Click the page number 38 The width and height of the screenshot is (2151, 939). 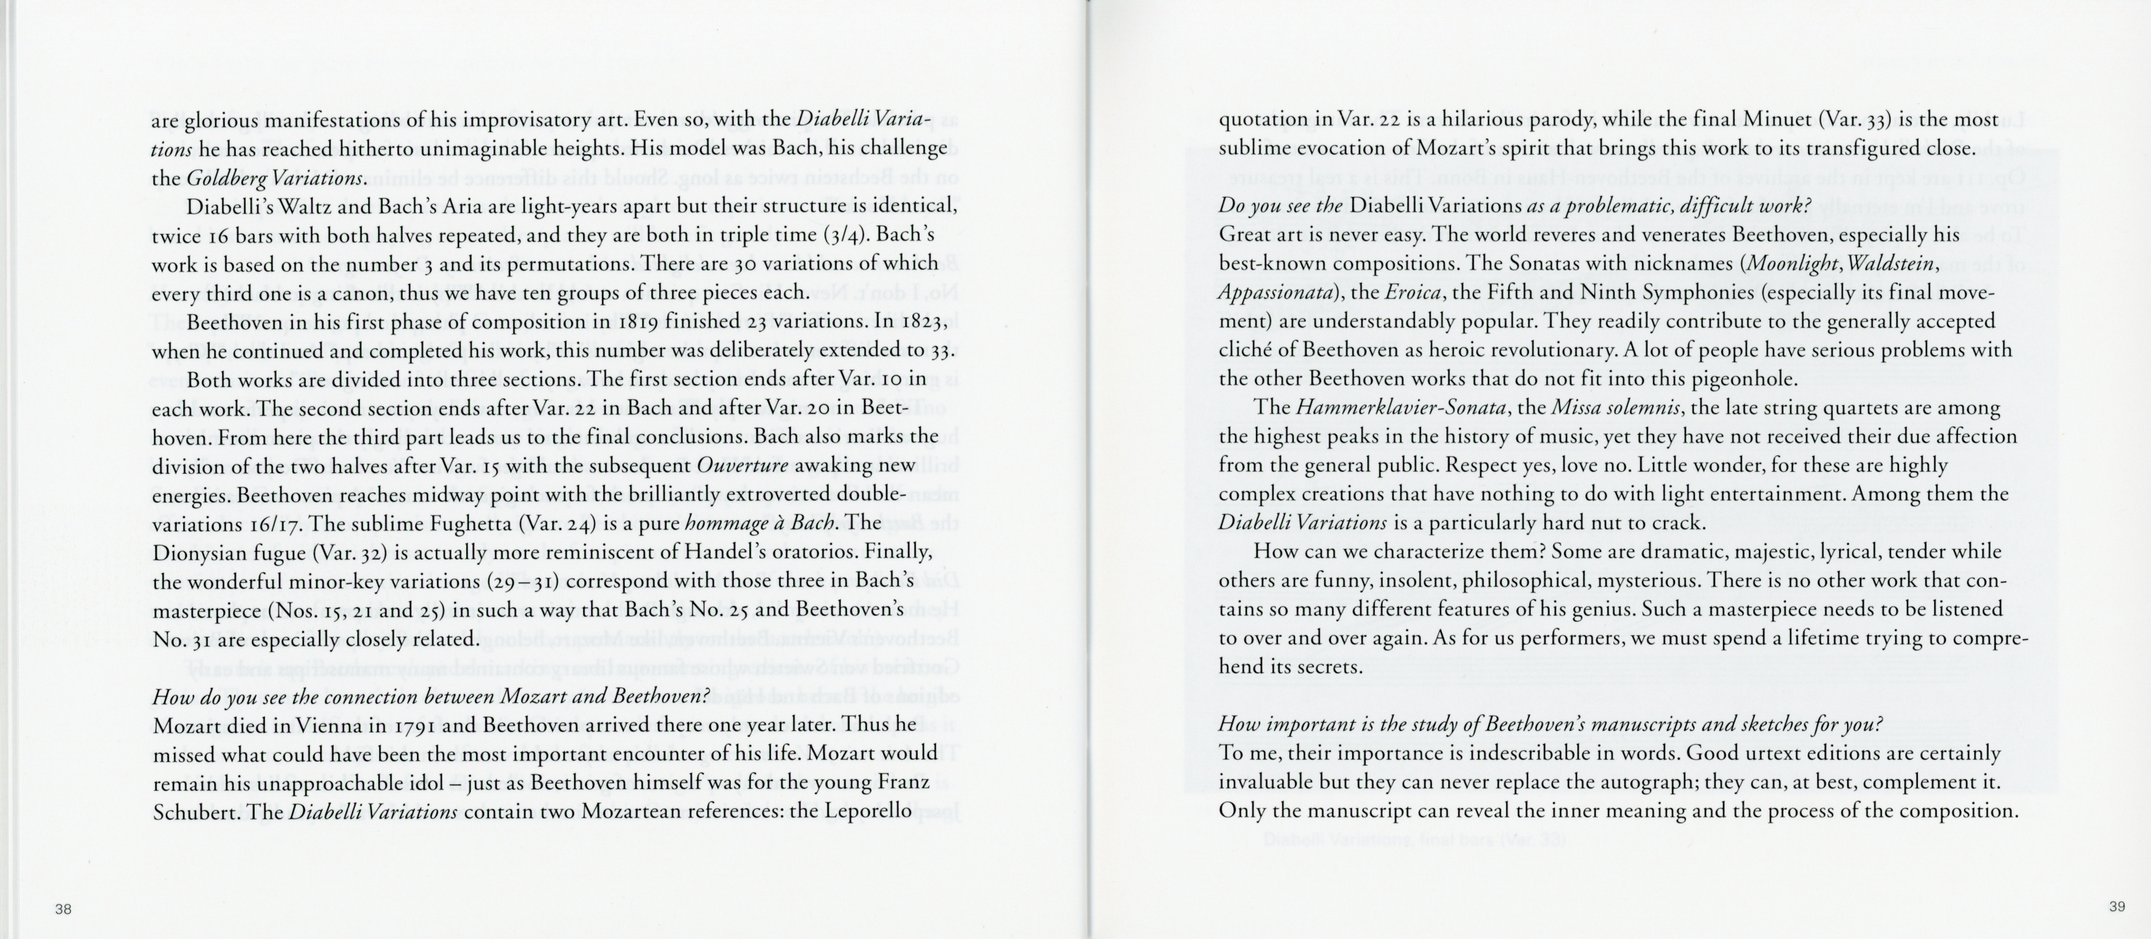[64, 910]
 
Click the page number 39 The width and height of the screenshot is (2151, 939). [2117, 907]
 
